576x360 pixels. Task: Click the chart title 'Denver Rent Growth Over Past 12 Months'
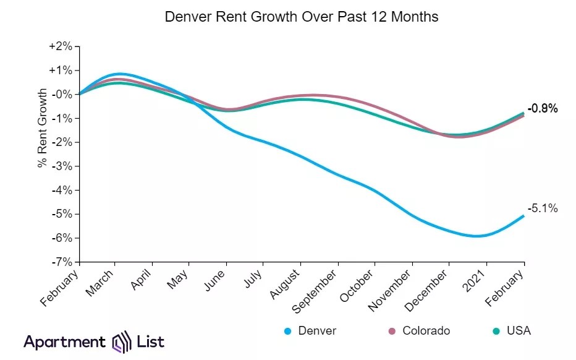(x=302, y=17)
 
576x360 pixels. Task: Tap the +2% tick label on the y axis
(x=61, y=46)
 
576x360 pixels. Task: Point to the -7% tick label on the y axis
(x=62, y=262)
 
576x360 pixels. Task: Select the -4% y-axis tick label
(x=62, y=190)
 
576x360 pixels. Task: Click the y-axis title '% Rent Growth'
(x=43, y=129)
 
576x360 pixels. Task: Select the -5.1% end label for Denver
(x=543, y=208)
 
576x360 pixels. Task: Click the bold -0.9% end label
(x=543, y=109)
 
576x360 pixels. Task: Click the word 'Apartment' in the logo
(x=65, y=341)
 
